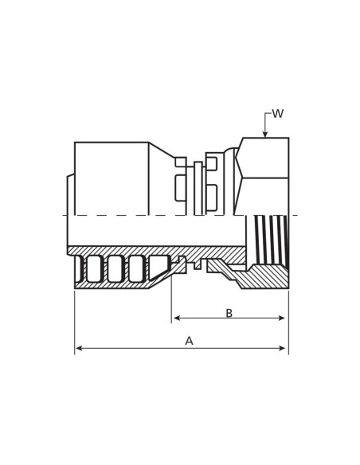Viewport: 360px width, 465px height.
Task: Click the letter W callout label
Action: (x=277, y=114)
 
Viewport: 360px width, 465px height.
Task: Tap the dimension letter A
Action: (x=189, y=341)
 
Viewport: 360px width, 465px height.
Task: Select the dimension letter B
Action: (x=229, y=314)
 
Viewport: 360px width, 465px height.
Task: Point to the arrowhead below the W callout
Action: (x=265, y=134)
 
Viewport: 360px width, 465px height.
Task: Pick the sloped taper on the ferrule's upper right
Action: (x=161, y=150)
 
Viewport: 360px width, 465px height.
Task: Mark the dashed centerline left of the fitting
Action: (x=65, y=215)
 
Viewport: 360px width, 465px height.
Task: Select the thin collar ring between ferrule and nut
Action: (x=198, y=188)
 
